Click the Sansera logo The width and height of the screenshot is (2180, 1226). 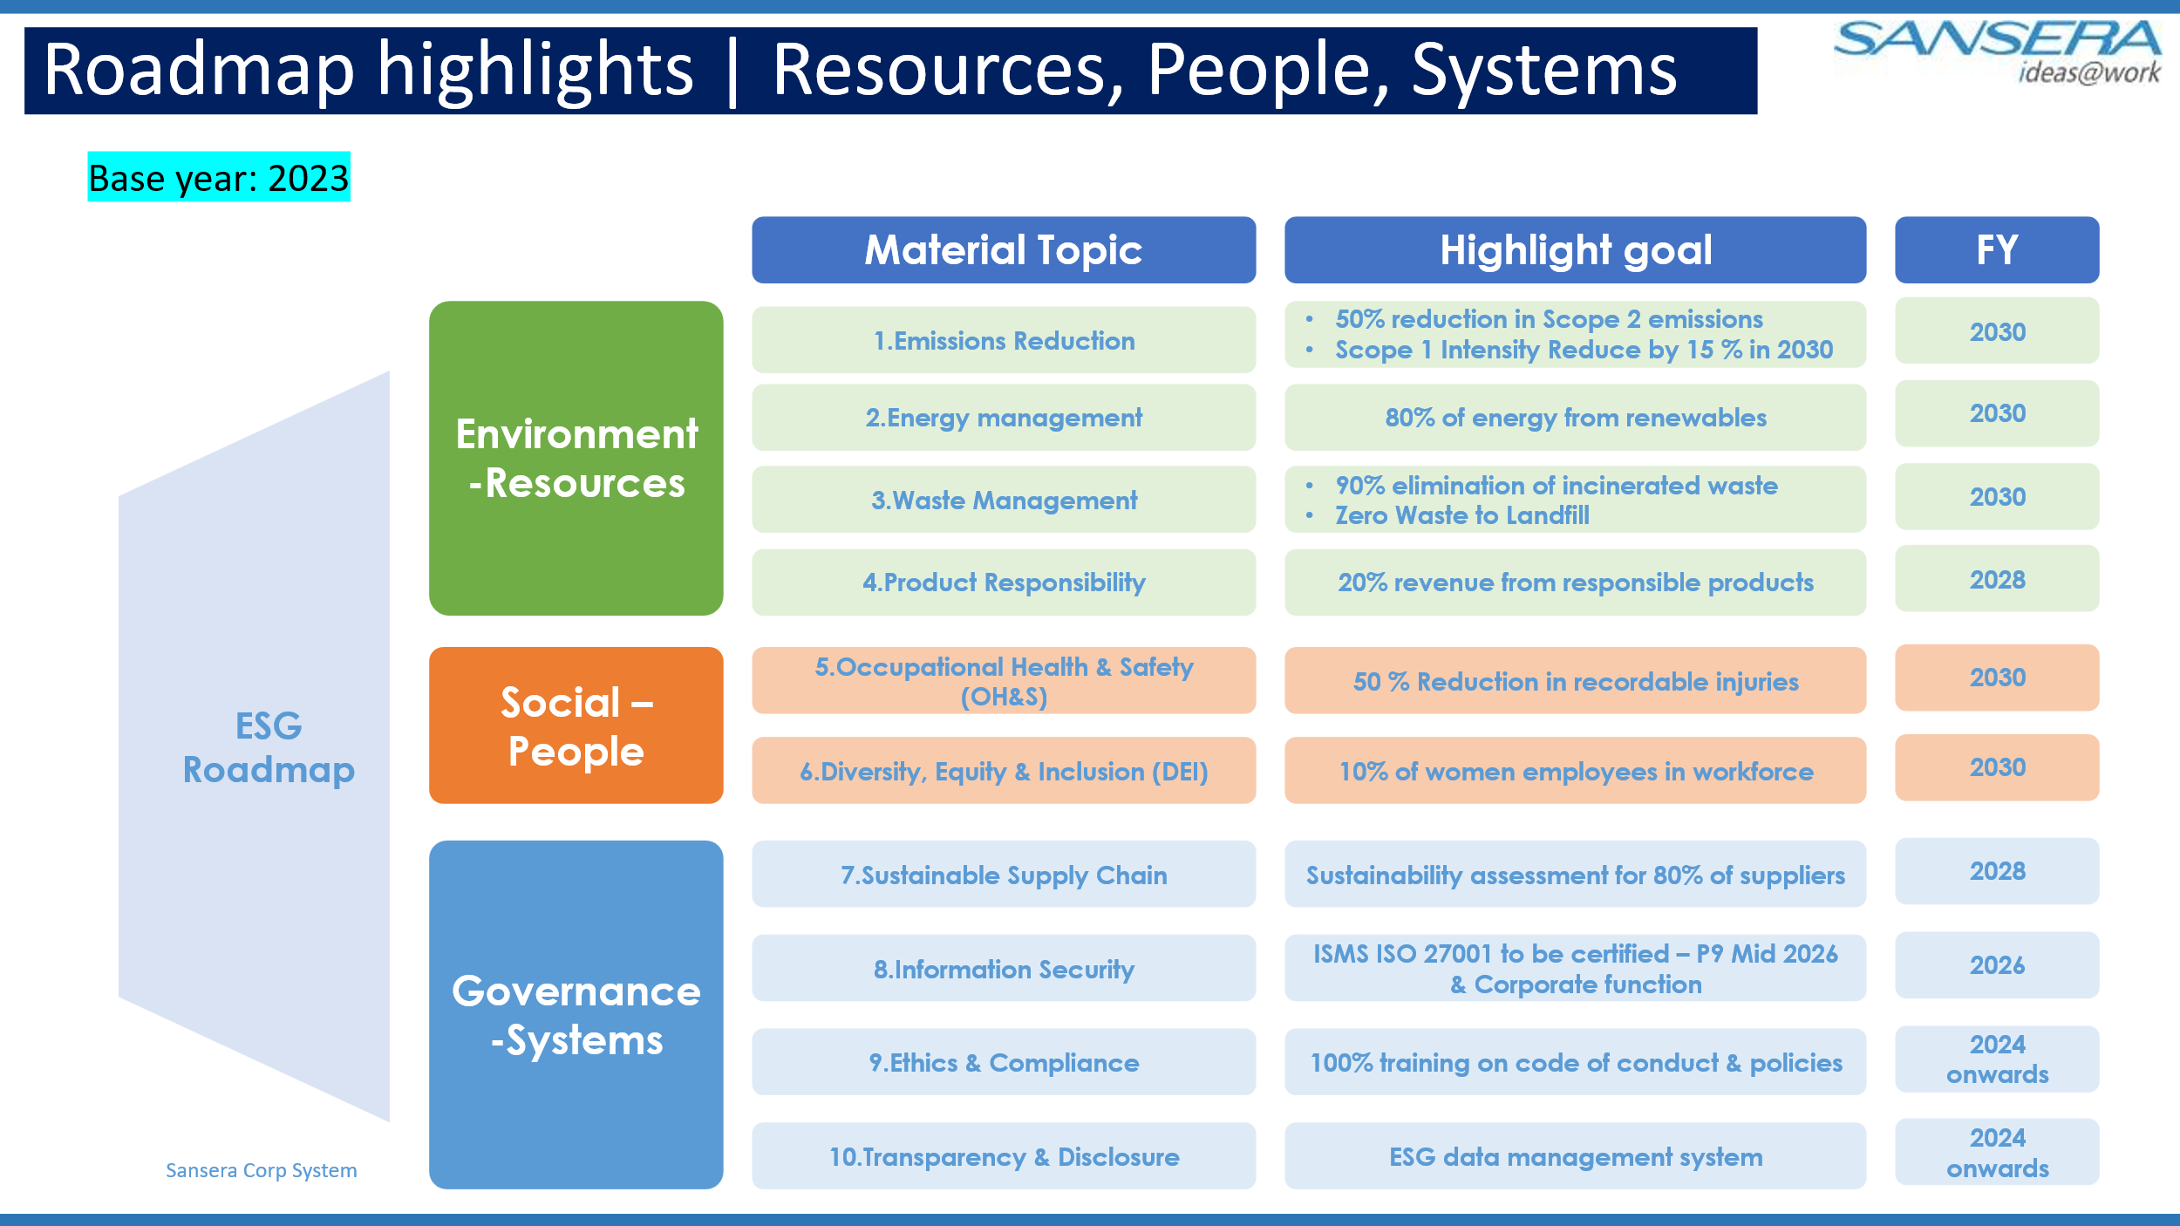click(1997, 51)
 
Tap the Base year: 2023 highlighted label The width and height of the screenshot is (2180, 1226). click(219, 177)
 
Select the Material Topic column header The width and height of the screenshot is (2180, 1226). click(1004, 250)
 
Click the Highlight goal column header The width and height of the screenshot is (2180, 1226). click(1575, 250)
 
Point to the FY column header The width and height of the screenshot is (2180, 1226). click(1997, 250)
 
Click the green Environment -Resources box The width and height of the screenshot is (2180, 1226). click(576, 459)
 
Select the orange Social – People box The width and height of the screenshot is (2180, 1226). click(576, 725)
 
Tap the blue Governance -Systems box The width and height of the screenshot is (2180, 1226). click(576, 1015)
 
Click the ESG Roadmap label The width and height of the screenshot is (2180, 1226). click(269, 748)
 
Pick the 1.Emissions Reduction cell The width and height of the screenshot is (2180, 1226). click(1004, 340)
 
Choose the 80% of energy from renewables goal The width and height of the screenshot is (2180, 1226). click(1575, 418)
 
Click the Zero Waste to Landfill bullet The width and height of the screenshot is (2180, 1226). click(1461, 515)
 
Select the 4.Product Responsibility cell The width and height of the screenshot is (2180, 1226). click(1004, 582)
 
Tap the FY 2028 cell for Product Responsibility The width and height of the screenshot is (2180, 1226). click(1997, 579)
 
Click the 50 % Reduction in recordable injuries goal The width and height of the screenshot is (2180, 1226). click(1575, 681)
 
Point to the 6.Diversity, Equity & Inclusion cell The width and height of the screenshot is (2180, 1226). click(1004, 771)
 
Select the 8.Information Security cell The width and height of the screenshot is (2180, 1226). click(1004, 969)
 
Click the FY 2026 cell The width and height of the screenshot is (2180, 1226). click(1997, 965)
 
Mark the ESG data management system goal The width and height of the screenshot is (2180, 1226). click(1575, 1156)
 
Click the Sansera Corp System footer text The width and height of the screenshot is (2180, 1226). click(262, 1170)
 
